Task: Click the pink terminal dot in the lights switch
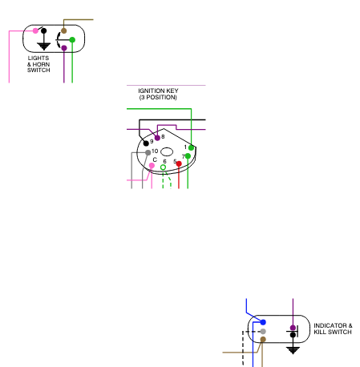pos(35,30)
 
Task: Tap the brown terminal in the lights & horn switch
pos(63,30)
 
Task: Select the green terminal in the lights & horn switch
pos(72,40)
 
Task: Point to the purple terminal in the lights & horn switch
pos(64,48)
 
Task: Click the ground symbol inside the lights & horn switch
pos(44,46)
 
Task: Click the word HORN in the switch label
pos(41,64)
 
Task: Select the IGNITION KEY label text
pos(158,91)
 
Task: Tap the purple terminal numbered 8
pos(157,138)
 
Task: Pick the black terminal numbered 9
pos(146,143)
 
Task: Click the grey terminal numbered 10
pos(148,152)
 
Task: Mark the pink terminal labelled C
pos(152,166)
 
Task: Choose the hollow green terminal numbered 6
pos(163,167)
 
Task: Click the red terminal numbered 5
pos(179,163)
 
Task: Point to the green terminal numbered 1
pos(191,147)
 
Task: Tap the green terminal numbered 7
pos(188,156)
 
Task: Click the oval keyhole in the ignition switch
pos(167,151)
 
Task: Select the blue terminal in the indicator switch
pos(263,322)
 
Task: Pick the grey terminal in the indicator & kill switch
pos(263,332)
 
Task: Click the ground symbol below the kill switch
pos(293,350)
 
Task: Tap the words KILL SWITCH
pos(333,332)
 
